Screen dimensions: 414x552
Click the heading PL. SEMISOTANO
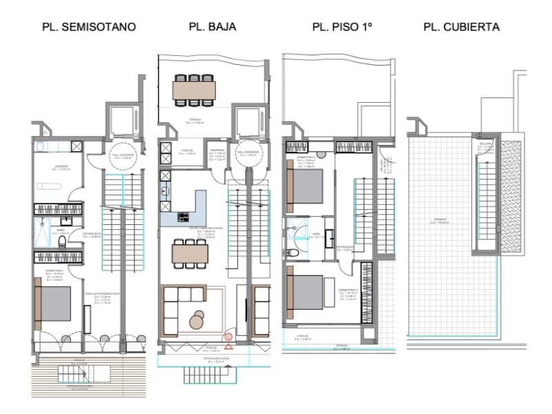88,27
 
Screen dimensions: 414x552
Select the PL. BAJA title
213,27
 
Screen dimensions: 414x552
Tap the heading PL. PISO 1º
342,27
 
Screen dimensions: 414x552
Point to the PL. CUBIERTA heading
462,27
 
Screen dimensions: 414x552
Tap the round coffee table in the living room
197,319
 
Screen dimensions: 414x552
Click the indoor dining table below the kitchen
190,253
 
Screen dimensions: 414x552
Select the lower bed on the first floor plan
306,291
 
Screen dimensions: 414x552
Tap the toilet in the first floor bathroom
293,253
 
